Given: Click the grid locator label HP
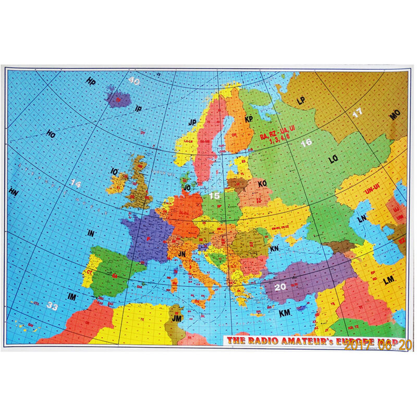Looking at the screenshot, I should [x=92, y=82].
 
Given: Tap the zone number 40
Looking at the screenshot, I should [x=134, y=81].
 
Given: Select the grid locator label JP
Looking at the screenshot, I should [x=192, y=122].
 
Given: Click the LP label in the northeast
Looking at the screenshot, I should [x=301, y=100].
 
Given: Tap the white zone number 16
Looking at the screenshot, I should [x=306, y=142].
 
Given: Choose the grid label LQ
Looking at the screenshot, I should [x=334, y=160].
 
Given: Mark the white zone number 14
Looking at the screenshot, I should [x=76, y=183].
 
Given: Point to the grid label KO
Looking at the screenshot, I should [x=262, y=183].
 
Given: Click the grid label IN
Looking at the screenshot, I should [x=90, y=234].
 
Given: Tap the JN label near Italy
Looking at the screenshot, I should [x=182, y=254].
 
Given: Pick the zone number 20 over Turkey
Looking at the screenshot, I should [x=280, y=286].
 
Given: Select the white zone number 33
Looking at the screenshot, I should [x=52, y=306].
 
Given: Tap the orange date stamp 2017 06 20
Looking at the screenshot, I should [x=378, y=344].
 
